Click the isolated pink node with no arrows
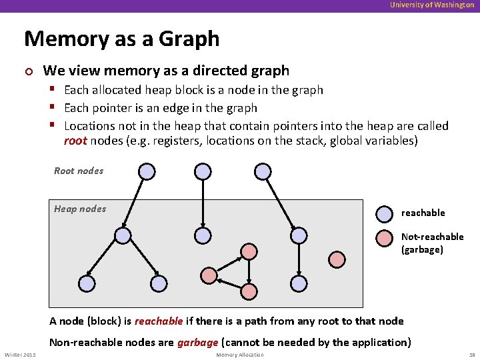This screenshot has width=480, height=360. tap(337, 259)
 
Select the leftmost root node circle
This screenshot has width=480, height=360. tap(147, 171)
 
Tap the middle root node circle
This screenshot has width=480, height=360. tap(203, 171)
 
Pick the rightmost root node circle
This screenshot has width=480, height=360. tap(260, 171)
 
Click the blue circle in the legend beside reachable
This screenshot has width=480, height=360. tap(385, 213)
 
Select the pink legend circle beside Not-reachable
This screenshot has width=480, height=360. tap(385, 238)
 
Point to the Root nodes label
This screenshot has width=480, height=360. tap(79, 171)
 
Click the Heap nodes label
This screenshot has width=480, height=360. tap(80, 209)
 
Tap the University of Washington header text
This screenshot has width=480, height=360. tap(432, 5)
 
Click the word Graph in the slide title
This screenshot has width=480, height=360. tap(189, 39)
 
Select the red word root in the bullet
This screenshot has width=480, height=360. tap(75, 141)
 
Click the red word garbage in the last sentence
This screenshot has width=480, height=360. tap(197, 343)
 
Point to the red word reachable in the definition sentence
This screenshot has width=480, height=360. tap(159, 321)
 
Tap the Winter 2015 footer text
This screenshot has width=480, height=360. tap(20, 355)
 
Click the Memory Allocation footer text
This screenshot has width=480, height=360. tap(240, 355)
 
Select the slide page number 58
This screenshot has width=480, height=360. tap(471, 355)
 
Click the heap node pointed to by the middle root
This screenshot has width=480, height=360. tap(203, 235)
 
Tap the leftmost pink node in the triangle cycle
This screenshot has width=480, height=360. tap(209, 275)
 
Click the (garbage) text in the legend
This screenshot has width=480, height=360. tap(422, 249)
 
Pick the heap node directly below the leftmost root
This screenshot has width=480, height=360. tap(122, 235)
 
